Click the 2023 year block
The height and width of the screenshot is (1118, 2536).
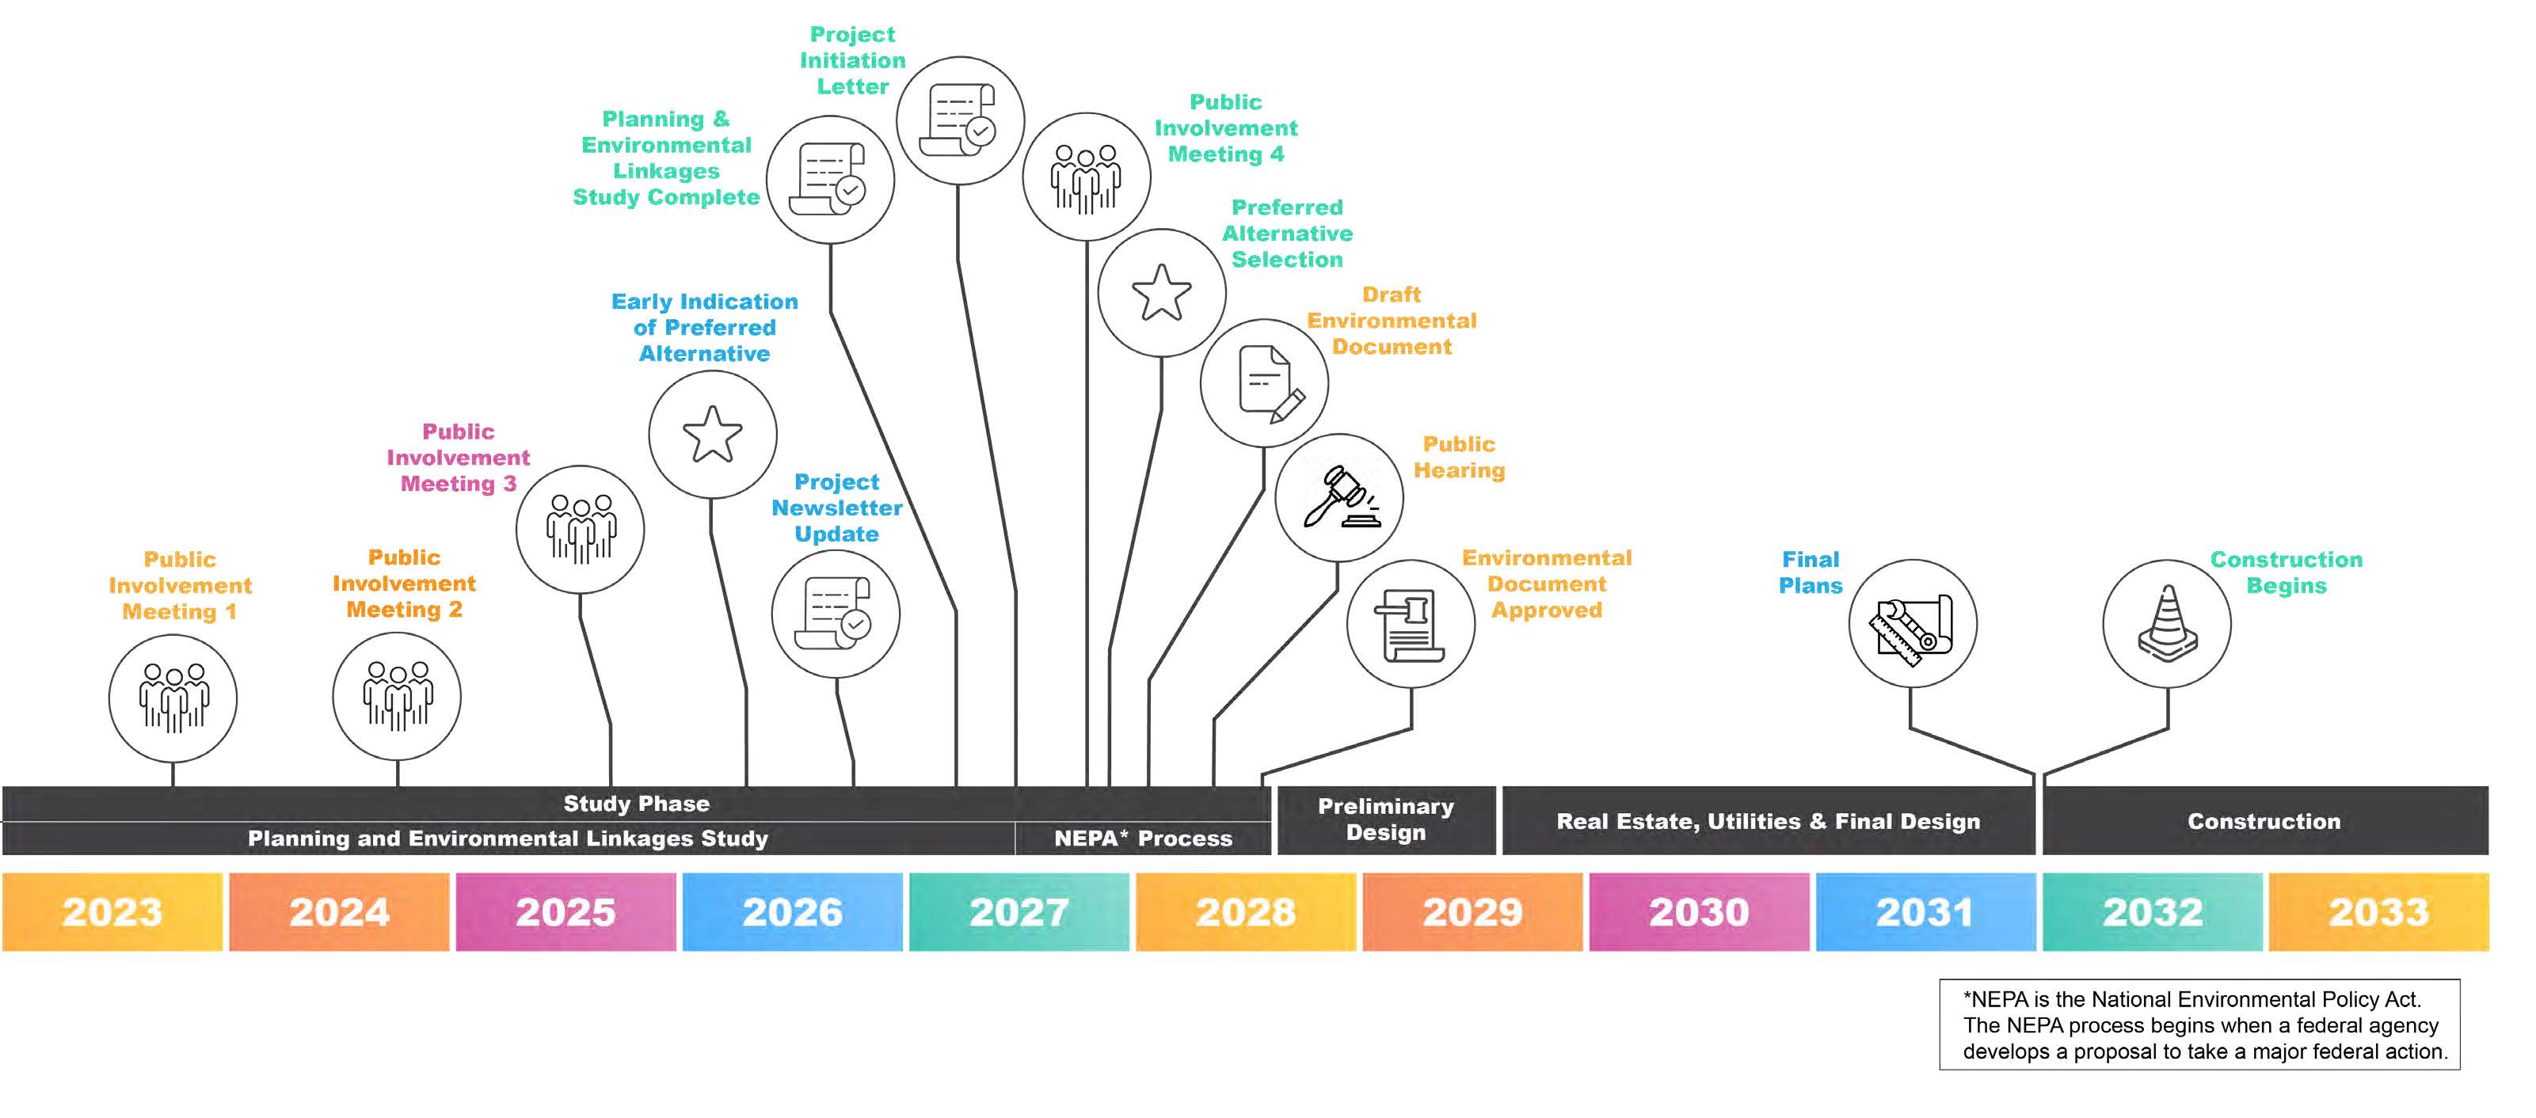(x=112, y=911)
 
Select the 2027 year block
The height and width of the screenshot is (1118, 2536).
(x=1019, y=911)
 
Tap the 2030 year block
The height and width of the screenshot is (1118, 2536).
(x=1699, y=911)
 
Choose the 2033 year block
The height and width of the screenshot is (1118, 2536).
(x=2378, y=911)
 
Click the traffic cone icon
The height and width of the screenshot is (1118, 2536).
(x=2167, y=623)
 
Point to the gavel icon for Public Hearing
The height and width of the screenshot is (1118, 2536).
(x=1340, y=497)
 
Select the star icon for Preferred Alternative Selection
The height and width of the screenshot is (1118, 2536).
(x=1162, y=292)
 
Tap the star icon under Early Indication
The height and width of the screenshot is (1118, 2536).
(x=712, y=434)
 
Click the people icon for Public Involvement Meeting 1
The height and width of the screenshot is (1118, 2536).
(x=173, y=698)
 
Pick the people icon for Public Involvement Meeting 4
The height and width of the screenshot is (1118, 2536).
(x=1086, y=178)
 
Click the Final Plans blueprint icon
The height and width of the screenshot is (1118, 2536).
(x=1913, y=625)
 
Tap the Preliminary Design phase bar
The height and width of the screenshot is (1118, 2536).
(x=1386, y=819)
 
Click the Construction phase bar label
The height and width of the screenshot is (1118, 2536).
(x=2264, y=821)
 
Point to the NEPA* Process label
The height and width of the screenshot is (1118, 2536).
(x=1143, y=838)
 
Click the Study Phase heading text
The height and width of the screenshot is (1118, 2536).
(x=636, y=803)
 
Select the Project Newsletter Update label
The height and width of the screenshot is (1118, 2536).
(x=837, y=508)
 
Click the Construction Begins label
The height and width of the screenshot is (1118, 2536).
(x=2286, y=572)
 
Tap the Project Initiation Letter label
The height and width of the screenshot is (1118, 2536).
(x=852, y=60)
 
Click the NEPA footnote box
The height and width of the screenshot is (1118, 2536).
(x=2200, y=1025)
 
